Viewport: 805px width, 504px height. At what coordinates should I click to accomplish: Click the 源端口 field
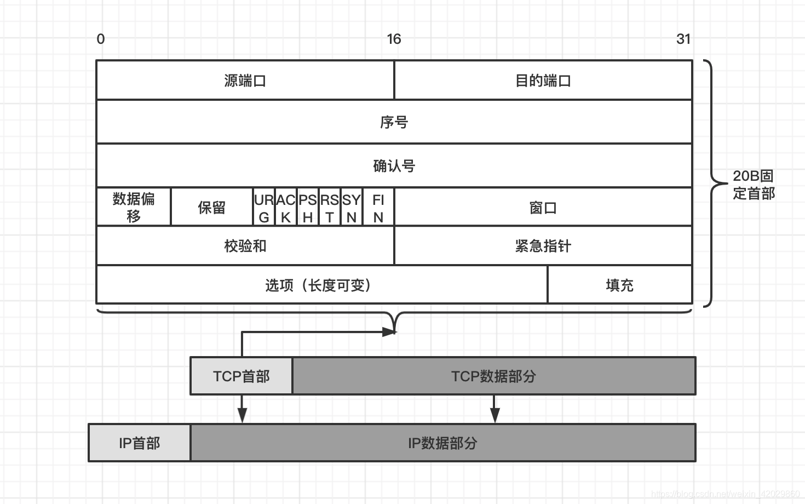point(245,81)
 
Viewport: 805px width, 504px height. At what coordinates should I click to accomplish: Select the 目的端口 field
point(543,81)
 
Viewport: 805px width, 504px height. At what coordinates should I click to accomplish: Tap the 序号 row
point(394,122)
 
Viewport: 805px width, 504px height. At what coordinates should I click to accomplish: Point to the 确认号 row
point(394,166)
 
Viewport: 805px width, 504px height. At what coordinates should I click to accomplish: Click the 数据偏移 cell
point(134,207)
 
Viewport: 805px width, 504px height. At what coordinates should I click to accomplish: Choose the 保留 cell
point(212,207)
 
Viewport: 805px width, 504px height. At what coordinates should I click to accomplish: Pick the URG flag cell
point(264,208)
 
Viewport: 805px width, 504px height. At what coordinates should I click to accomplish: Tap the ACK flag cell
point(286,208)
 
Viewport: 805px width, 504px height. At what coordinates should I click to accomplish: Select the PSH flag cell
point(308,208)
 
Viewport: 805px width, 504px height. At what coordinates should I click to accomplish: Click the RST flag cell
point(330,208)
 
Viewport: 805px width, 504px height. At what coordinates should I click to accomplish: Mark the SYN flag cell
point(352,208)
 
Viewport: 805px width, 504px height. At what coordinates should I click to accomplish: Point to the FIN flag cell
point(378,208)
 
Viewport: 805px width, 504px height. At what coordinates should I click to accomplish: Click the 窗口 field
point(543,208)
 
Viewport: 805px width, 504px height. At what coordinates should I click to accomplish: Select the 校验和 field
point(245,246)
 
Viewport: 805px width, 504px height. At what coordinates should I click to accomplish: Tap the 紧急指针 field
point(543,246)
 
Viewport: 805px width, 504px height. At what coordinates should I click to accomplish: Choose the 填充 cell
point(620,285)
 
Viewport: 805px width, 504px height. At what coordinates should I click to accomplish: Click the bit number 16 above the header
point(394,39)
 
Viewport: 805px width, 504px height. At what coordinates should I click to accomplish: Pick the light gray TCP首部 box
point(242,376)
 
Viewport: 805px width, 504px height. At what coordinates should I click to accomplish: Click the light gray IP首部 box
point(140,443)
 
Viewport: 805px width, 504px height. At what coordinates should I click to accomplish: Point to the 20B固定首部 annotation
point(754,185)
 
